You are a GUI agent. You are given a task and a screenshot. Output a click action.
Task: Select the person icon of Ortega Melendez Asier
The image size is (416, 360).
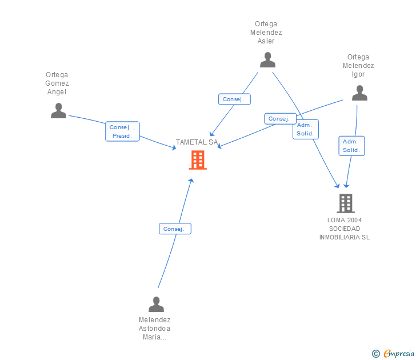[267, 59]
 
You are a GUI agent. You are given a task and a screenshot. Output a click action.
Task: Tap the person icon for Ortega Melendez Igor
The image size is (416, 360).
[359, 93]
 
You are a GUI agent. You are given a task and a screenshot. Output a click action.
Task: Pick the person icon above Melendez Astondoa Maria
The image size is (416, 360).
[155, 304]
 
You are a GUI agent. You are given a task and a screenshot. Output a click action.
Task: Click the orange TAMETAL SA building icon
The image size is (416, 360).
[198, 160]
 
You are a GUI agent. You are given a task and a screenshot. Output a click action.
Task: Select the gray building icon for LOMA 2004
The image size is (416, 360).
[345, 203]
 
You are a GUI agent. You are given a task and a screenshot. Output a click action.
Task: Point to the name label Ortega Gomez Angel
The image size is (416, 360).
[57, 83]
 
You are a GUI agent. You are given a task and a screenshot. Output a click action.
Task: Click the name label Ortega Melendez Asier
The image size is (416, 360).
[266, 33]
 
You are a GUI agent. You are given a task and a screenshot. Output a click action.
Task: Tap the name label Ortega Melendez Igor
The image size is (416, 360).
[358, 66]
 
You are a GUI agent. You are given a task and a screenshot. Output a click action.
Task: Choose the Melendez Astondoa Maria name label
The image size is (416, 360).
[155, 329]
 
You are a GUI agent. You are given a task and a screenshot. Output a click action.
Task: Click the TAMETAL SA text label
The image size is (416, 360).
[197, 142]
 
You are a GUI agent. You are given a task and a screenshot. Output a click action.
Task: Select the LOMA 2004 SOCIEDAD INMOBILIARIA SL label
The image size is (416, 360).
[345, 229]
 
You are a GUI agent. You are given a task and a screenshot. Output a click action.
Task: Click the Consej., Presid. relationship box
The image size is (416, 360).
[122, 131]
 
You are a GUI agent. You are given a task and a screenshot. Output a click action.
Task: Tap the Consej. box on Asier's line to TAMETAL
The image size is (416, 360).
[234, 99]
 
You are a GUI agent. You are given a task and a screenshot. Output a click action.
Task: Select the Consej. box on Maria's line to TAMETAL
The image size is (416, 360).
[174, 229]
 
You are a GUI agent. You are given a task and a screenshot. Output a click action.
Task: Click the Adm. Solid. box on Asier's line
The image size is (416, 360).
[305, 129]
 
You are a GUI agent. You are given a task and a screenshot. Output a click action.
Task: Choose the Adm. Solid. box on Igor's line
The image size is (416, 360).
[351, 146]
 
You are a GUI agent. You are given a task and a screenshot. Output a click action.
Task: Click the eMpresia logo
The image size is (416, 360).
[398, 354]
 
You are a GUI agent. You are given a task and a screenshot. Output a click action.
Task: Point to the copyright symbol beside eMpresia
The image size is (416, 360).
[375, 354]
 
